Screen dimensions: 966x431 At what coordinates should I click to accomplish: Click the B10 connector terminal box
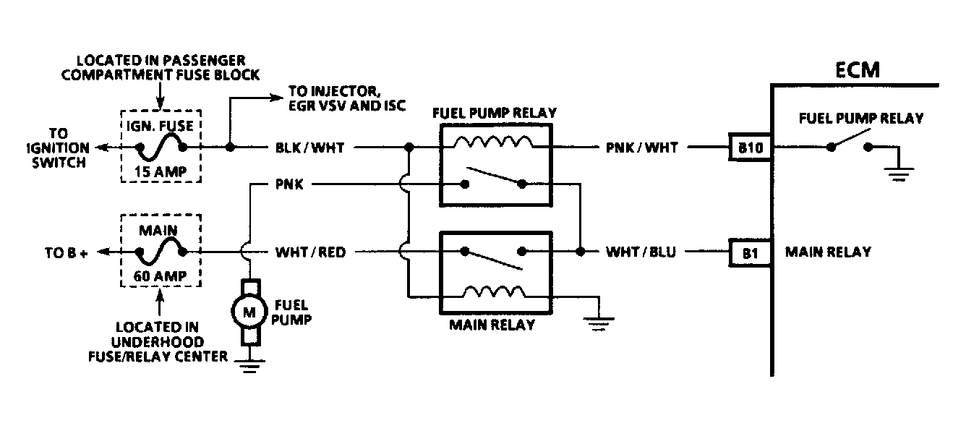point(750,147)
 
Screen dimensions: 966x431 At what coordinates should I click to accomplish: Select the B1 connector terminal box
point(750,253)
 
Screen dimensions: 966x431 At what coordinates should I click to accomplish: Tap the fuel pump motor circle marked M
point(249,312)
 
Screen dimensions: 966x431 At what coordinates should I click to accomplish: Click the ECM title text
point(858,70)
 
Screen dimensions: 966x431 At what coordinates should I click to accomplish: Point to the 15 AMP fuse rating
point(161,171)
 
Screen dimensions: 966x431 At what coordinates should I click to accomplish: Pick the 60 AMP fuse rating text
point(160,276)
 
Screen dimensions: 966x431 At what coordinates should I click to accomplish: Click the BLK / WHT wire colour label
point(309,148)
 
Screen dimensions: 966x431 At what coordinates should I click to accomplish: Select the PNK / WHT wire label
point(641,148)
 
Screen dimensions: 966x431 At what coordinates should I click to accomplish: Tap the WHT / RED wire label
point(310,252)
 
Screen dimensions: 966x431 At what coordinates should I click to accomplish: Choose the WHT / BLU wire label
point(641,252)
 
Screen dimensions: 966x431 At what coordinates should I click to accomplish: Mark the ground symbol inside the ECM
point(899,174)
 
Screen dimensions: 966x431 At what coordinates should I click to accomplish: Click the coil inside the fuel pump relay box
point(494,142)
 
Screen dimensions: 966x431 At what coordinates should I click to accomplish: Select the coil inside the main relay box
point(495,292)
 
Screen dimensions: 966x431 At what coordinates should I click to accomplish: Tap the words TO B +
point(67,253)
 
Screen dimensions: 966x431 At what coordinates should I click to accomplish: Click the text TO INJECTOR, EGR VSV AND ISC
point(347,98)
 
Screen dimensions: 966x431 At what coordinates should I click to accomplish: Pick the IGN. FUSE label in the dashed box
point(160,126)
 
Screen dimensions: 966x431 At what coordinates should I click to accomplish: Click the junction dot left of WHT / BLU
point(581,251)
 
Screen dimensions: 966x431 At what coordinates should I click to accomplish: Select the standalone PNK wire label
point(289,184)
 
